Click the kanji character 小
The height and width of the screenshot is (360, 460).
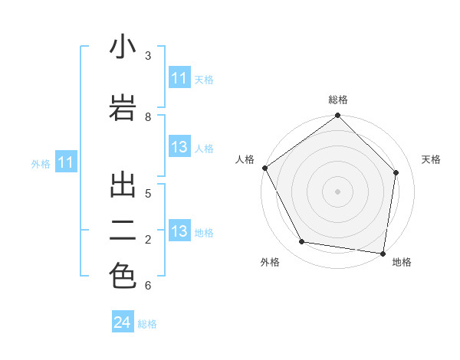tap(123, 47)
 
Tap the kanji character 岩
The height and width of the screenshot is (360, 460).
tap(123, 107)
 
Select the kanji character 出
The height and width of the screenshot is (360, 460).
tap(123, 185)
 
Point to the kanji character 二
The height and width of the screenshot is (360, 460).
tap(123, 231)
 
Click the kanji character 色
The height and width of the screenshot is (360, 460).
tap(123, 276)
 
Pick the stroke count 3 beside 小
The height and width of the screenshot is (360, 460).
tap(147, 55)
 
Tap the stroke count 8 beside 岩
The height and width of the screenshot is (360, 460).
tap(147, 116)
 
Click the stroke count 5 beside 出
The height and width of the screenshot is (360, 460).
tap(147, 193)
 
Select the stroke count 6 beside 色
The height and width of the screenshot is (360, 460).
tap(147, 285)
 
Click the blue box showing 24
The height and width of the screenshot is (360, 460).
tap(123, 322)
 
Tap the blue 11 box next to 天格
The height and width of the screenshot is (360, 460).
tap(179, 78)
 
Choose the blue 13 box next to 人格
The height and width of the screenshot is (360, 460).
tap(179, 148)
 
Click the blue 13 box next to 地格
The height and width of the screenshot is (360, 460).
tap(179, 231)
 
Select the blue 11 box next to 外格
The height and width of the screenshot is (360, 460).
tap(66, 162)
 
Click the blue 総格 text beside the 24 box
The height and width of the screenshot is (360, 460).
tap(147, 324)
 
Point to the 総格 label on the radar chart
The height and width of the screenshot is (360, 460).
tap(338, 100)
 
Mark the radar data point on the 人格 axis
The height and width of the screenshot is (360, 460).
tap(264, 168)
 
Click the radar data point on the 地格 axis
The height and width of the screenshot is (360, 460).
tap(383, 253)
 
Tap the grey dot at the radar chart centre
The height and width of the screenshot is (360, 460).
tap(338, 191)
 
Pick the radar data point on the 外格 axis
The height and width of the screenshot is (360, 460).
tap(302, 242)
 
